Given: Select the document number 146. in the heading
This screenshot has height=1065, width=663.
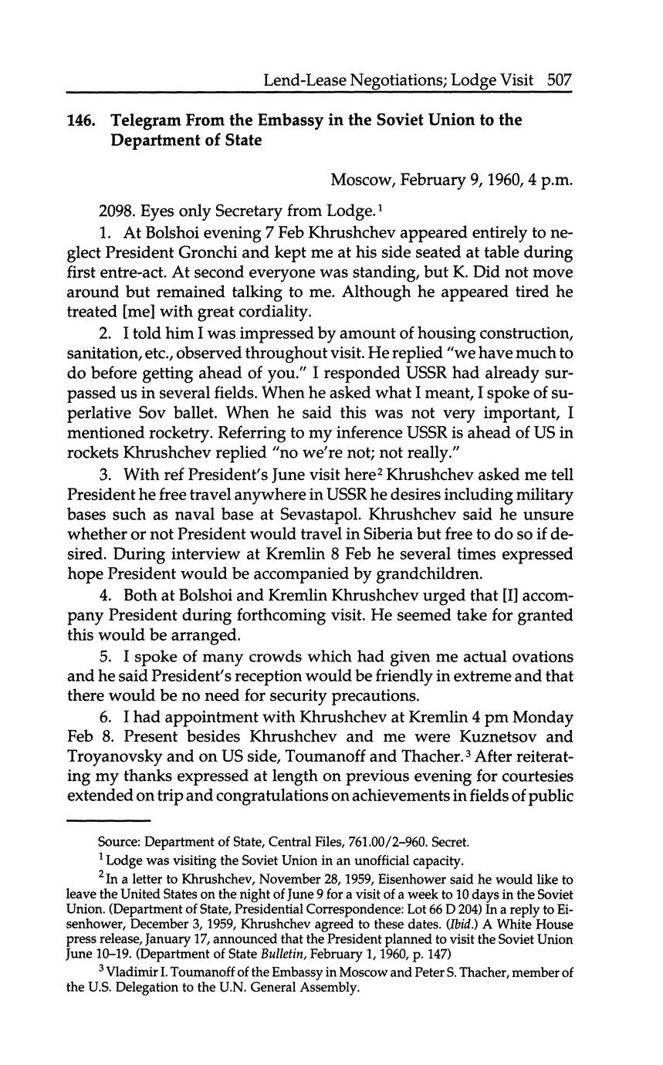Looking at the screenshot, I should pos(81,120).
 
